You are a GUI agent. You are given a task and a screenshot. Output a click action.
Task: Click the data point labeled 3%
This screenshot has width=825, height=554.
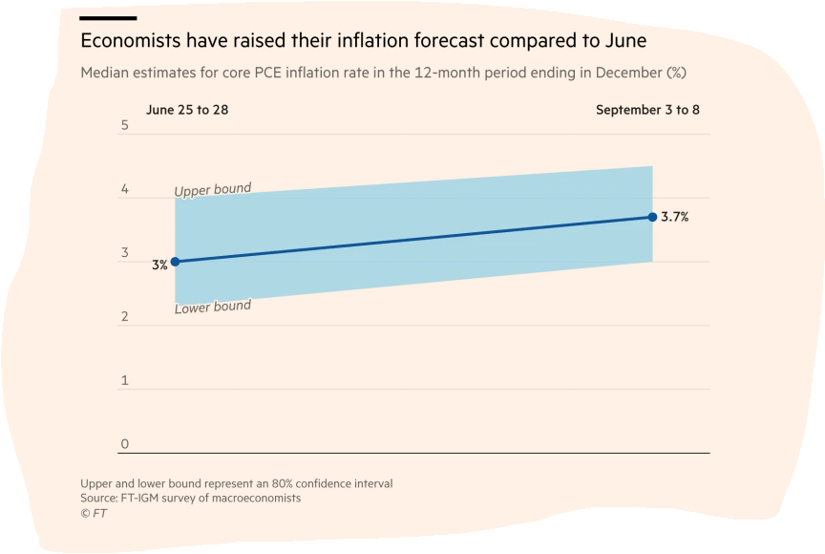click(175, 262)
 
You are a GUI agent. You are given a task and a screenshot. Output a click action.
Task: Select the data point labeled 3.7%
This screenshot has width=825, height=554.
click(652, 217)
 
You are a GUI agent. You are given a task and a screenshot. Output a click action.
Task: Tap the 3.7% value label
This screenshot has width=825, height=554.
click(674, 217)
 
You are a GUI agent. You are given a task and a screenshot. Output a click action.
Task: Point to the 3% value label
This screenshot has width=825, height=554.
click(159, 265)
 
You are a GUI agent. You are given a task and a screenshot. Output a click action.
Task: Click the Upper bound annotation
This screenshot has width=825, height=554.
click(213, 190)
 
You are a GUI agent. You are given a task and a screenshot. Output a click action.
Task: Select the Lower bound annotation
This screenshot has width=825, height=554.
click(213, 308)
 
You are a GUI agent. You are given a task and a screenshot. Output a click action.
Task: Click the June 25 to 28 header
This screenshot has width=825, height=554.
click(187, 110)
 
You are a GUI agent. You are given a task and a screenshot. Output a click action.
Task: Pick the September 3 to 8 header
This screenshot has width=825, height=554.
click(647, 110)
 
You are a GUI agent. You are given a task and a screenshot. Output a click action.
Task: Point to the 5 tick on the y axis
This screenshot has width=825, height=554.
click(124, 126)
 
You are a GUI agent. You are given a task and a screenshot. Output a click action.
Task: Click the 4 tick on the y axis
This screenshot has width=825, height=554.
click(124, 190)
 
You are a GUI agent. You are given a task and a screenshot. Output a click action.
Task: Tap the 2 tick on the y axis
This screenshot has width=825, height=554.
click(124, 317)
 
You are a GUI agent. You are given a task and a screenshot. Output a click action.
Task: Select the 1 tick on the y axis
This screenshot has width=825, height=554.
click(124, 381)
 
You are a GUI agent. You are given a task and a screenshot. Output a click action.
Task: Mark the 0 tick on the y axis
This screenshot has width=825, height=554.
click(124, 444)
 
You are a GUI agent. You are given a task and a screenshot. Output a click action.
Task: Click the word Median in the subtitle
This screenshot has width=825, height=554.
click(104, 73)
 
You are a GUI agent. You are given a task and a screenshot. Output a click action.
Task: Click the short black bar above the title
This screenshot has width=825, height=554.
click(108, 18)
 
